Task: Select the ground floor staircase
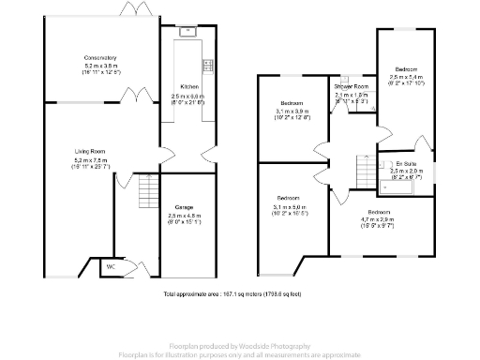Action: (x=143, y=194)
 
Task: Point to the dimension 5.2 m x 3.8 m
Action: (x=99, y=66)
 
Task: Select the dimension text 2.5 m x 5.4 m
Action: (x=406, y=77)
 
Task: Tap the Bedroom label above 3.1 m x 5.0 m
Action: (x=289, y=199)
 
